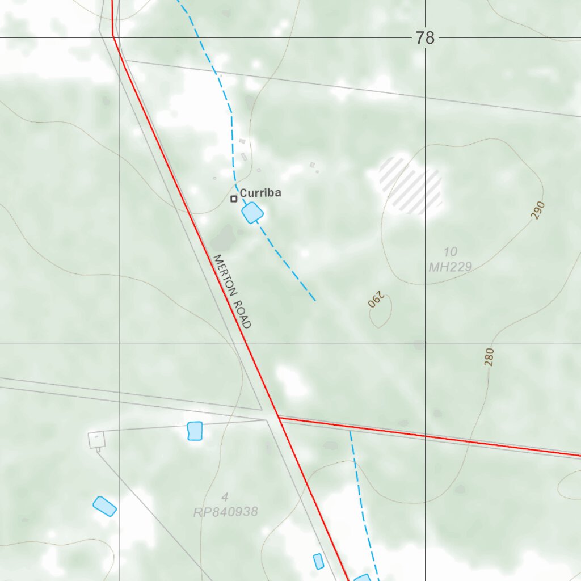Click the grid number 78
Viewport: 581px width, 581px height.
(424, 38)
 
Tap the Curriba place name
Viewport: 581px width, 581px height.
(260, 193)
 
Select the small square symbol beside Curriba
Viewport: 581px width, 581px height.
(233, 199)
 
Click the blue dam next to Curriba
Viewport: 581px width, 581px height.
(252, 213)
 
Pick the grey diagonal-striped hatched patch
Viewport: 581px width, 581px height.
(411, 186)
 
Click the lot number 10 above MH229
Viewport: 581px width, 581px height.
(451, 251)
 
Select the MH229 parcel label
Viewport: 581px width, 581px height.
(450, 266)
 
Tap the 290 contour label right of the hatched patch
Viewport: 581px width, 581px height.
(538, 210)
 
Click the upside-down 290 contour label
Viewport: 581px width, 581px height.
(376, 300)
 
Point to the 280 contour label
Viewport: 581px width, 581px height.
(490, 357)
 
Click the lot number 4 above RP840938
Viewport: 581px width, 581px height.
(225, 498)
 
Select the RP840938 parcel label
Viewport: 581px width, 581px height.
(226, 512)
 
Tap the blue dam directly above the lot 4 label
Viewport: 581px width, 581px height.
(195, 431)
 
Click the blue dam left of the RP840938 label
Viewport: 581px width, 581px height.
(104, 506)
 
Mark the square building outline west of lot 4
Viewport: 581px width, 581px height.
(96, 439)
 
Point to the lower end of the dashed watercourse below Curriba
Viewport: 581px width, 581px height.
(314, 300)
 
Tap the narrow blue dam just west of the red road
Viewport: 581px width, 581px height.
(318, 561)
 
